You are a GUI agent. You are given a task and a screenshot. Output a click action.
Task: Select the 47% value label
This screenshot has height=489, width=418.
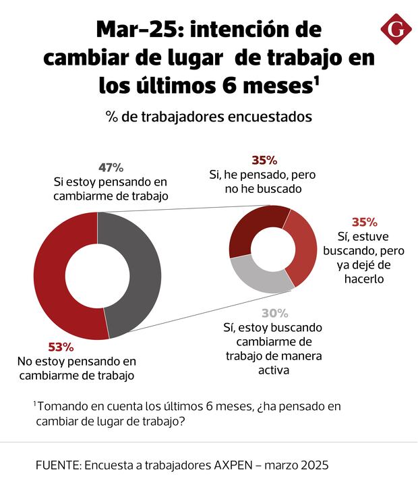point(111,167)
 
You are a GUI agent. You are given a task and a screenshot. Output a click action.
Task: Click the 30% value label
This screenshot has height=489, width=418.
point(275,313)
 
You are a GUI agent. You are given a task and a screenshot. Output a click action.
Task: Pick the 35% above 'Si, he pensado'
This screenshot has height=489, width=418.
point(264,160)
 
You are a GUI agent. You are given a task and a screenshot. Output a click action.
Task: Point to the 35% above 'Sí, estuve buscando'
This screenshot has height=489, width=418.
point(364,222)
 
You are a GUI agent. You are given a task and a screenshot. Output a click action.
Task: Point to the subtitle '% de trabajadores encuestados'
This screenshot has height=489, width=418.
point(209,116)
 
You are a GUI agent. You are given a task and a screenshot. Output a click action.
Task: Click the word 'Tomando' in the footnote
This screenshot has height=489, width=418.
point(61,406)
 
